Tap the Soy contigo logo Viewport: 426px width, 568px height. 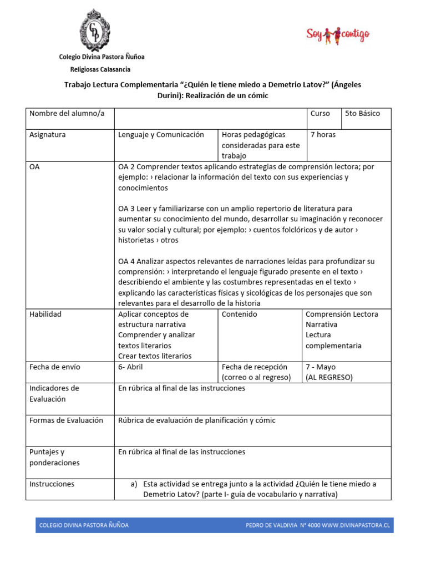point(337,35)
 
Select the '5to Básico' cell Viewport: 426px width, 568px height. point(362,114)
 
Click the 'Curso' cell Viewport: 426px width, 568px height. point(320,114)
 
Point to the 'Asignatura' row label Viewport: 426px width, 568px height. point(48,135)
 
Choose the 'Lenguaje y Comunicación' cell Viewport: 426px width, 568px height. point(161,135)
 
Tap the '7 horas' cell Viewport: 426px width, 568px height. point(323,135)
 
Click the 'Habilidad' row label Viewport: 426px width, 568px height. point(45,315)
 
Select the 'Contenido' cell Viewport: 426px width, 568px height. point(239,315)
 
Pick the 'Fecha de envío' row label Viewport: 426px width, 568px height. point(54,367)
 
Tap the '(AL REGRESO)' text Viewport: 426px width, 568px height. point(329,378)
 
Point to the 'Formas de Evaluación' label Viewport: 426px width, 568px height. point(66,420)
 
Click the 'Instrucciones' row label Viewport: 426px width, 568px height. point(52,484)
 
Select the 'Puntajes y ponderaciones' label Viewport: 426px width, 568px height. point(54,457)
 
